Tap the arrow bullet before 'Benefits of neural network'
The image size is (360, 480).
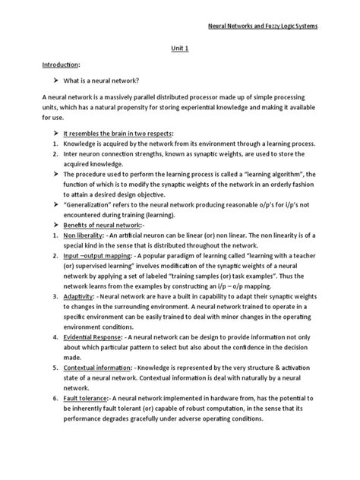click(x=34, y=247)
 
